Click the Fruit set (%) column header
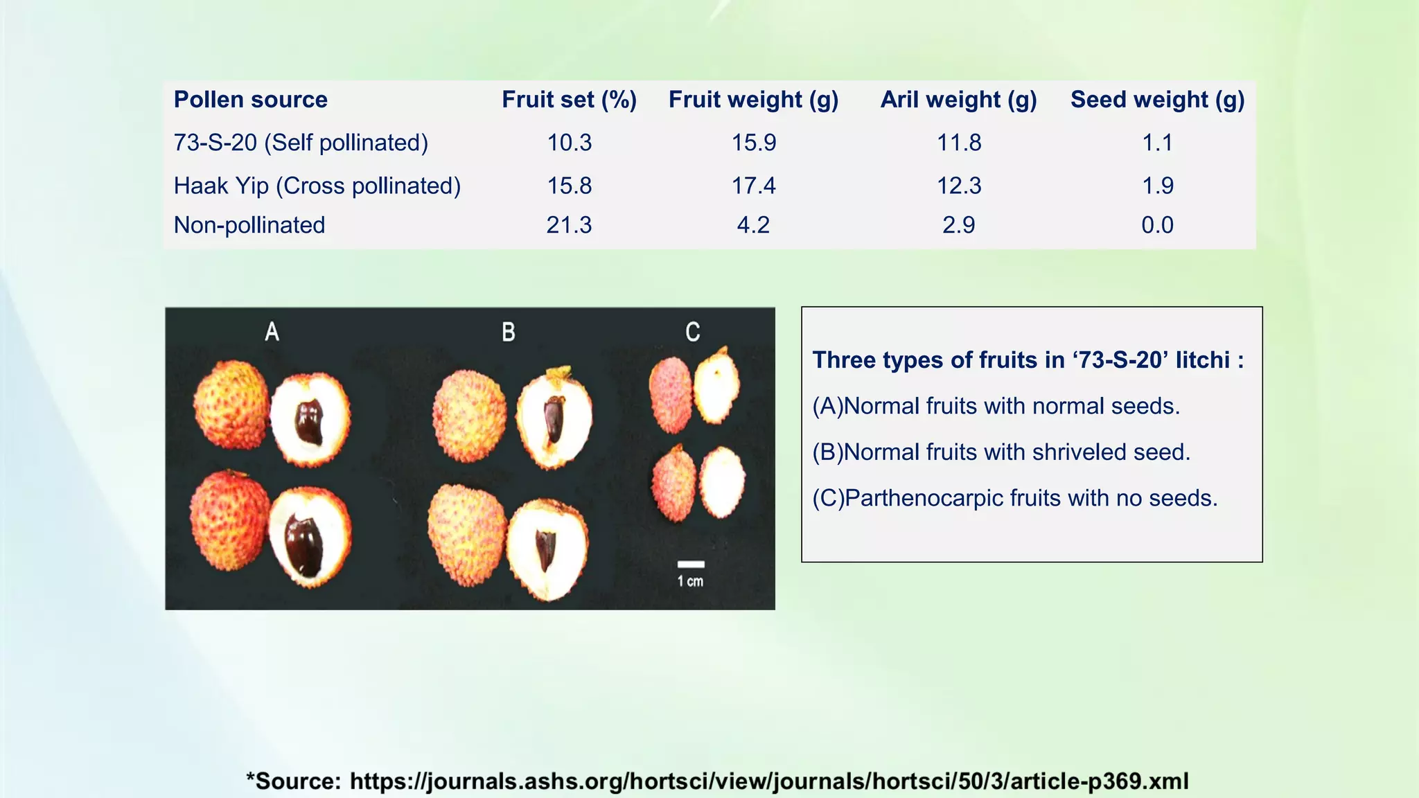[x=569, y=100]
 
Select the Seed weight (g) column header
[x=1157, y=100]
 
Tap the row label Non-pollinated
[x=249, y=225]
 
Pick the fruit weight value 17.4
[x=754, y=186]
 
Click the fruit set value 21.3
[x=569, y=225]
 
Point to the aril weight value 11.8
[x=959, y=143]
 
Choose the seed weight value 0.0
[x=1157, y=225]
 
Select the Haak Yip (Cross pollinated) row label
[x=317, y=186]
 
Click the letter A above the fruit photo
[x=272, y=332]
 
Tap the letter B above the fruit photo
[x=509, y=332]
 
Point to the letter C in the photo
[x=692, y=332]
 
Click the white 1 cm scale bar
[x=691, y=565]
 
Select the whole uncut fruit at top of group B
[x=469, y=416]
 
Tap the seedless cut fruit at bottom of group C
[x=722, y=482]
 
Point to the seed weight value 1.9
[x=1157, y=186]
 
